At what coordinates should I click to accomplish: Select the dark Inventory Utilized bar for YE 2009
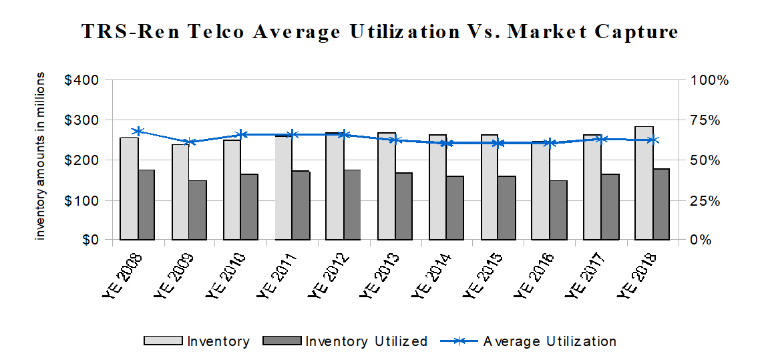(x=198, y=210)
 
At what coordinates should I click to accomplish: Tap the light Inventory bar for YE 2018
(x=644, y=183)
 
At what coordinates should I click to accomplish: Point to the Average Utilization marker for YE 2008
(x=138, y=132)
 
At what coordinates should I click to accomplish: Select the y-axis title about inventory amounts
(x=41, y=157)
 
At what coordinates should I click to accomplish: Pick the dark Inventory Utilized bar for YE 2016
(x=558, y=210)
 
